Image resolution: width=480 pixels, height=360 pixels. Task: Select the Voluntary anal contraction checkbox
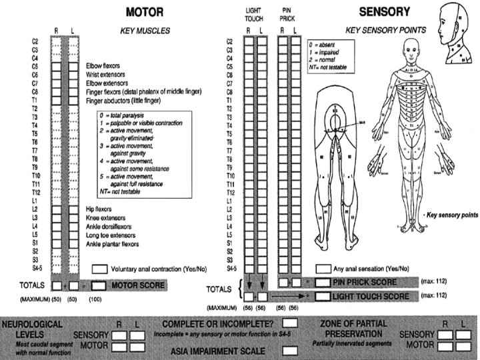point(99,268)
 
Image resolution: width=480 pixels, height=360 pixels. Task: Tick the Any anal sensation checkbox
point(323,268)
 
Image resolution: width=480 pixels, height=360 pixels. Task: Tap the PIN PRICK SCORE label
point(364,283)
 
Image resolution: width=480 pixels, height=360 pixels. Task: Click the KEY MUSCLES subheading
point(145,31)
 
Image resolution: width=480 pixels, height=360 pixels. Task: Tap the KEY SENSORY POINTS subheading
point(378,31)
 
